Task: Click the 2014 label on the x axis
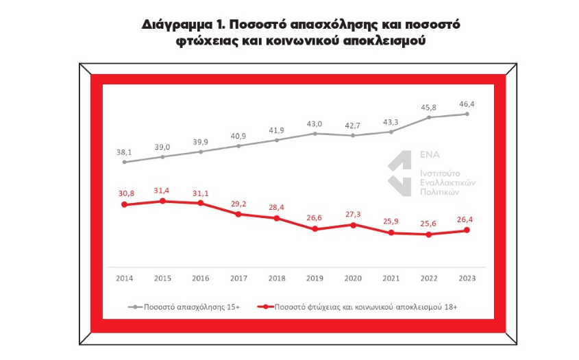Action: [124, 278]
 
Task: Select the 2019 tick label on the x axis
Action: [315, 278]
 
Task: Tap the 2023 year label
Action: [467, 278]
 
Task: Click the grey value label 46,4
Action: [467, 104]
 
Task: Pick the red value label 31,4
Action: [162, 190]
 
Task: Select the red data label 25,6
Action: [429, 223]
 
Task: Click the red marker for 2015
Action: [162, 201]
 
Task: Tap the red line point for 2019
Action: [315, 229]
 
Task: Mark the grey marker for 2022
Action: [429, 117]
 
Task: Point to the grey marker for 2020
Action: [353, 136]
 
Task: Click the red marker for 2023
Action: [467, 230]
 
